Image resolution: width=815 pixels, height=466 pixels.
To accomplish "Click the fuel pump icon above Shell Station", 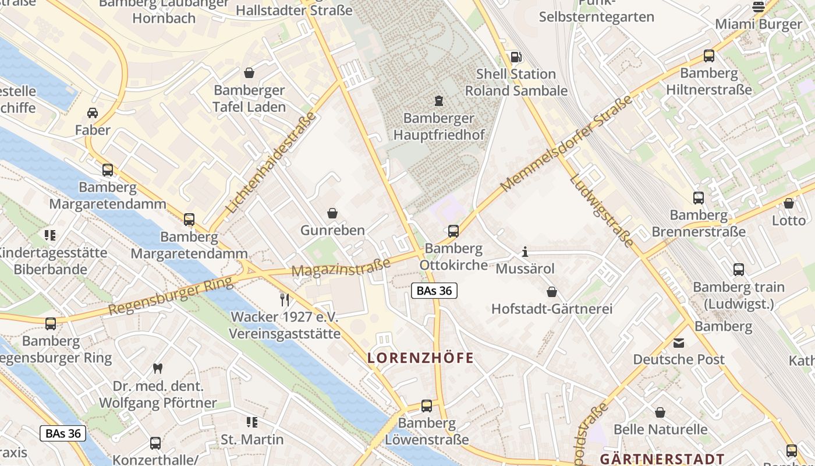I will (516, 57).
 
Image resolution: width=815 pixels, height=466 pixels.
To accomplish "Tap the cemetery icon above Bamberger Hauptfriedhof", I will (438, 101).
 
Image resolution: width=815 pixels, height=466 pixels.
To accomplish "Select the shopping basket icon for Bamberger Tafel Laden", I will (249, 73).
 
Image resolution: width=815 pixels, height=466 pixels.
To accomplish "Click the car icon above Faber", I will (93, 112).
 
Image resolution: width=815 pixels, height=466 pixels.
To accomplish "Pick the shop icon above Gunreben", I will (332, 213).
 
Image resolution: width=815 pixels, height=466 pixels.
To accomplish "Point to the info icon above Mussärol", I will (525, 252).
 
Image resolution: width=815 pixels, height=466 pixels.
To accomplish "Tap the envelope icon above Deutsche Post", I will (679, 343).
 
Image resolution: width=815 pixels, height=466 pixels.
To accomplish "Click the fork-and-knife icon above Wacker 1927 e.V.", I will (285, 300).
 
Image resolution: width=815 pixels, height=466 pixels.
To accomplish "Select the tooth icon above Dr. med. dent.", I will (157, 368).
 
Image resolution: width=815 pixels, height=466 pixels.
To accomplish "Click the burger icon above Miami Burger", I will (758, 7).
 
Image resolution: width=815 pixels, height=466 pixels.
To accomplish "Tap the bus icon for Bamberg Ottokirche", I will (453, 231).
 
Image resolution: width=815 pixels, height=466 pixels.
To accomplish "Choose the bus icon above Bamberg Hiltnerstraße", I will (708, 56).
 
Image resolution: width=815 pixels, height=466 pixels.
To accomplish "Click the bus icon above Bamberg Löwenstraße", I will (427, 406).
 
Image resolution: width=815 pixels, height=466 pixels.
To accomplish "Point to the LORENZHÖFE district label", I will (420, 358).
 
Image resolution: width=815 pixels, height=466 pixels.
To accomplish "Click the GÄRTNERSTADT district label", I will (662, 459).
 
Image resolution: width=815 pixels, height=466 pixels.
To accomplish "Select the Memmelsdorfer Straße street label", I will (566, 144).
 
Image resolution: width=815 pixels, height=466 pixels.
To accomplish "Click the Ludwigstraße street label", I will (601, 211).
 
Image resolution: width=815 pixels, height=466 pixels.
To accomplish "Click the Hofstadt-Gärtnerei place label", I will (552, 309).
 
